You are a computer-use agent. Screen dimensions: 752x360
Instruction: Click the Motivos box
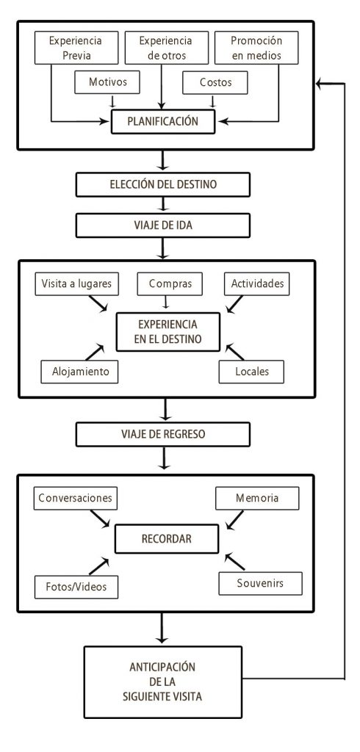tap(110, 83)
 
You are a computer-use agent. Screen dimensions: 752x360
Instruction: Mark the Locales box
tap(251, 372)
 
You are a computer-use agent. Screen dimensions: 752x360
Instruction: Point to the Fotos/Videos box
tap(76, 586)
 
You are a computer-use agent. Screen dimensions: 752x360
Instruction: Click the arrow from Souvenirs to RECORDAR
tap(237, 563)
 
